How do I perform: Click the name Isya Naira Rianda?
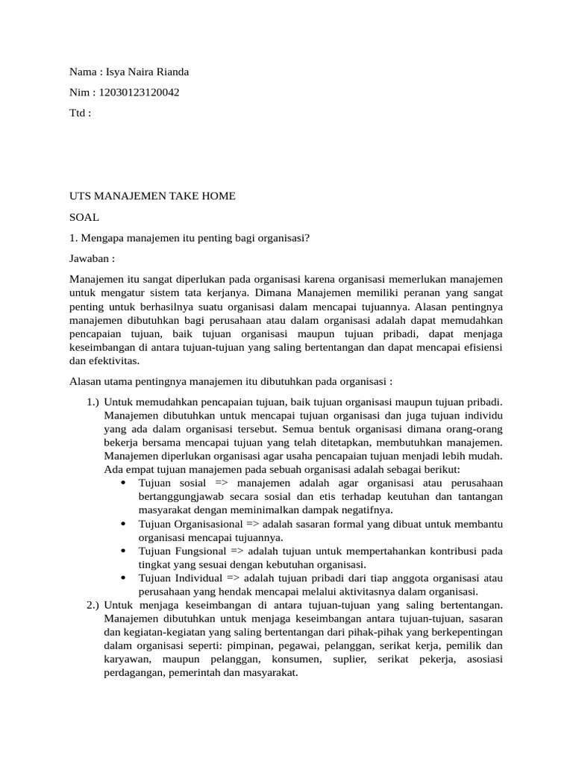148,72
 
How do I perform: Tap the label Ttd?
79,113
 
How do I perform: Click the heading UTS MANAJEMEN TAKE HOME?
152,196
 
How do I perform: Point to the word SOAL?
84,217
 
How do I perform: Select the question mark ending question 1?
307,238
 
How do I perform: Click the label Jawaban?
92,259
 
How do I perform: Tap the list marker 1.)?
93,402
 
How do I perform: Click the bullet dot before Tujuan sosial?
122,483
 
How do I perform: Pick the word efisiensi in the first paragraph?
482,347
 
